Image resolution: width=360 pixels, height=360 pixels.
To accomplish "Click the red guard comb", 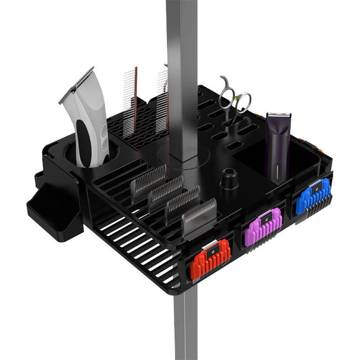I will point(210,258).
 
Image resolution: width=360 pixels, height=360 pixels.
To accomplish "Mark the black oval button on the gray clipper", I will point(102,132).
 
